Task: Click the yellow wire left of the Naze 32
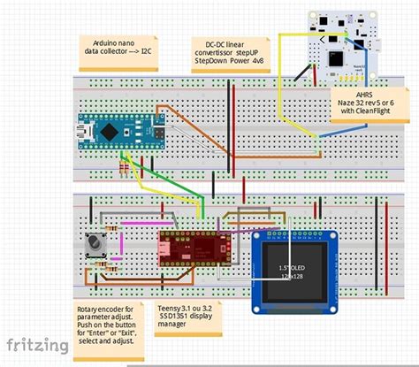pyautogui.click(x=282, y=80)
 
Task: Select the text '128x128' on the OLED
pyautogui.click(x=290, y=276)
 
